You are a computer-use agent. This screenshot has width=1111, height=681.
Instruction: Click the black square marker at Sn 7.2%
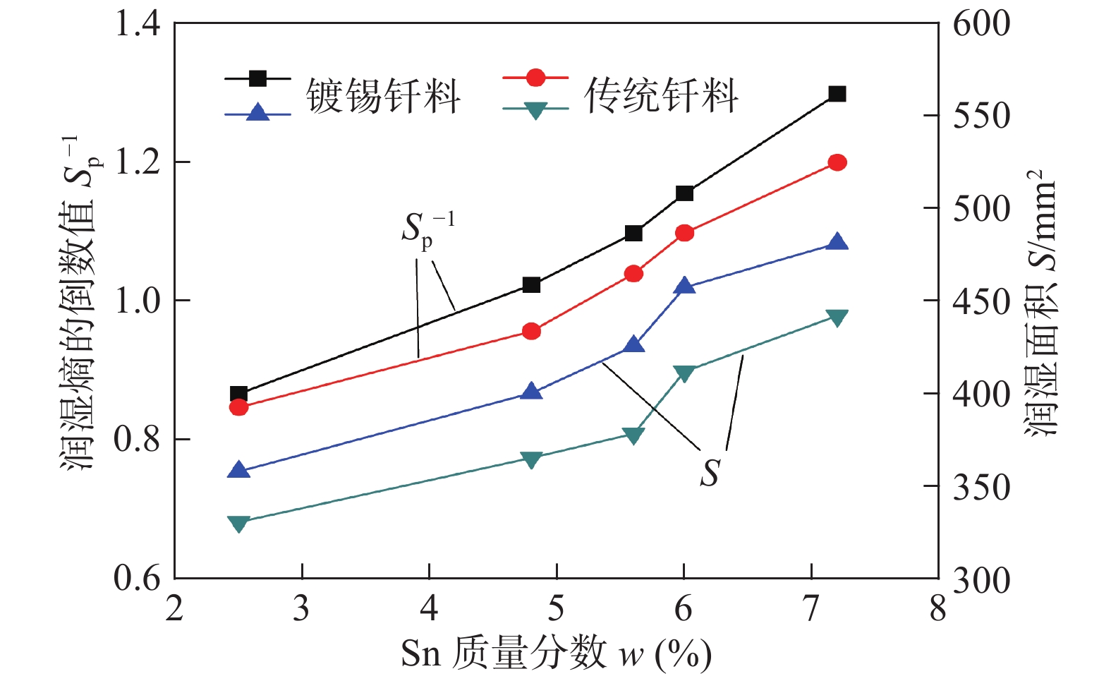point(837,94)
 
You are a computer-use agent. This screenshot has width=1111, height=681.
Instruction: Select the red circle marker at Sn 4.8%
point(531,331)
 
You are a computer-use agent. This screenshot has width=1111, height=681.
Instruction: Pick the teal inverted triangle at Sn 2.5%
point(238,523)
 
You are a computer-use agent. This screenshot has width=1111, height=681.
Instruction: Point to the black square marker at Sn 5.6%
point(633,233)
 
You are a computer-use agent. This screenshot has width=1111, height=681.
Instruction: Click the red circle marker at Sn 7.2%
point(837,162)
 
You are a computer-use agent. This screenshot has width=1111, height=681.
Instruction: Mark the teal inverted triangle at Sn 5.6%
point(633,435)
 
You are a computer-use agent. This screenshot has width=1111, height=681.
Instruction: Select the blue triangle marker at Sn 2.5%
point(238,471)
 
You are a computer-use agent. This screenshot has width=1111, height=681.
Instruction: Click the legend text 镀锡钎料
point(383,95)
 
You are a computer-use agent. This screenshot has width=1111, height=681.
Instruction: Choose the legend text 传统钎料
point(661,95)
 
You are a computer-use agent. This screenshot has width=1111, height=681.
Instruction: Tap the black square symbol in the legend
point(258,78)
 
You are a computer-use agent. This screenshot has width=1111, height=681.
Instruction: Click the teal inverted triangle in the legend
point(535,110)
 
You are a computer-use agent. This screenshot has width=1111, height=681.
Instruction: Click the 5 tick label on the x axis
point(557,608)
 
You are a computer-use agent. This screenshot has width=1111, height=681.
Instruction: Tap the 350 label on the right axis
point(981,487)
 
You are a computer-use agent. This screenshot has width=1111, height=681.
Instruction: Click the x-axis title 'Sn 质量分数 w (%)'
point(556,653)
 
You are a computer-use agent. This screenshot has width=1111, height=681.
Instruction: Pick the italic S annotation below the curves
point(710,473)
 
